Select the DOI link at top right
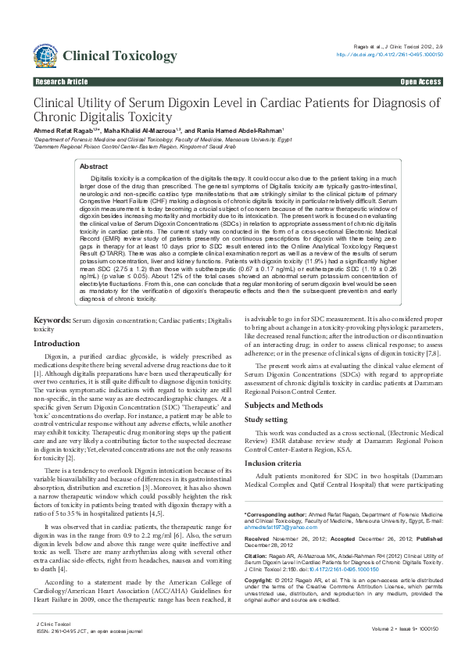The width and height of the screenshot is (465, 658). [x=389, y=55]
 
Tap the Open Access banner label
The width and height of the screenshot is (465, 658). [x=420, y=81]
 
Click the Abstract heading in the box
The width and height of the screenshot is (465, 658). [x=95, y=166]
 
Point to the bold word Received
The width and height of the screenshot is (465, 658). [x=259, y=538]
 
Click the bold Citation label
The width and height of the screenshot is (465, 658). [x=258, y=555]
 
